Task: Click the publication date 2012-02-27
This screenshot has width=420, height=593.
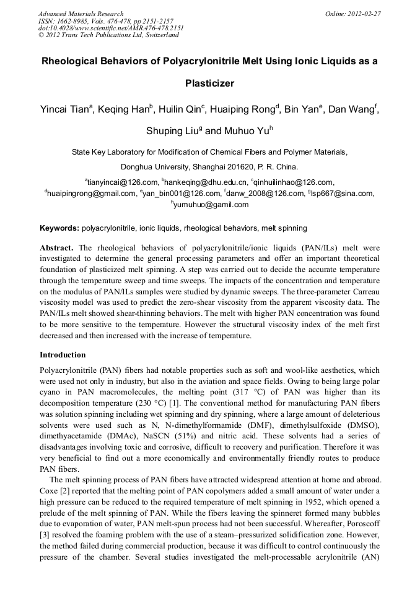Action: [364, 13]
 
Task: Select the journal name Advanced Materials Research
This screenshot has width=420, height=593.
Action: [81, 13]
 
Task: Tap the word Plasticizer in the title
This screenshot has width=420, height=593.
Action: [209, 83]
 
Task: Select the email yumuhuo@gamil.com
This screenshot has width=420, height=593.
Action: [211, 205]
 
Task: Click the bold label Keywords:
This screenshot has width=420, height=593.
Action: [59, 228]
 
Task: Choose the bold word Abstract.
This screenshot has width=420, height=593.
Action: [56, 247]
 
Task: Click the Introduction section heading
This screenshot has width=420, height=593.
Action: [63, 355]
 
